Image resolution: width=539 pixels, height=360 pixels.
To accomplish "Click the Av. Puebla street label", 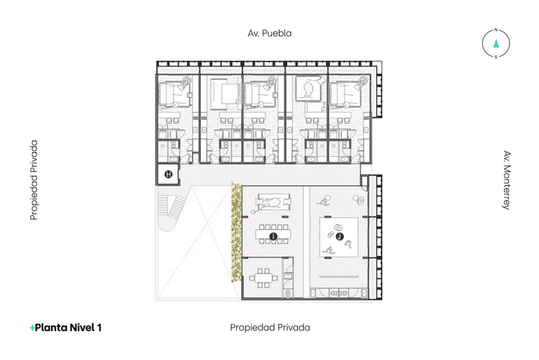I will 269,33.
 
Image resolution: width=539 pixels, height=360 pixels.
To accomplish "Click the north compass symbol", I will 496,44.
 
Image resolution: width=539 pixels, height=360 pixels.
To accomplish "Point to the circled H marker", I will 168,174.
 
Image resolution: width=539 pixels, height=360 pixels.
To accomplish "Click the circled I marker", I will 273,236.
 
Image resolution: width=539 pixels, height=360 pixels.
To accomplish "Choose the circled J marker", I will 339,235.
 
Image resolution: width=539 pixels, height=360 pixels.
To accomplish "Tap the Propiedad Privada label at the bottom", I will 270,327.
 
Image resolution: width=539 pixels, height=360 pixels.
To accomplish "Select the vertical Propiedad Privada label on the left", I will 34,180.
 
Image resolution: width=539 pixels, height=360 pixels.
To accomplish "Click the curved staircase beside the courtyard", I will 171,213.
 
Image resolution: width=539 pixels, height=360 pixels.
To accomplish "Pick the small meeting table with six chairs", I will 263,276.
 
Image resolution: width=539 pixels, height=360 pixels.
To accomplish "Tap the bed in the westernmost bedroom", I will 173,94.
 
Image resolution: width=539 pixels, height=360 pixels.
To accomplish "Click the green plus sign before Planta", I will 32,328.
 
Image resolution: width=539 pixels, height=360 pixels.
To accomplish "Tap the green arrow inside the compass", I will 496,44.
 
